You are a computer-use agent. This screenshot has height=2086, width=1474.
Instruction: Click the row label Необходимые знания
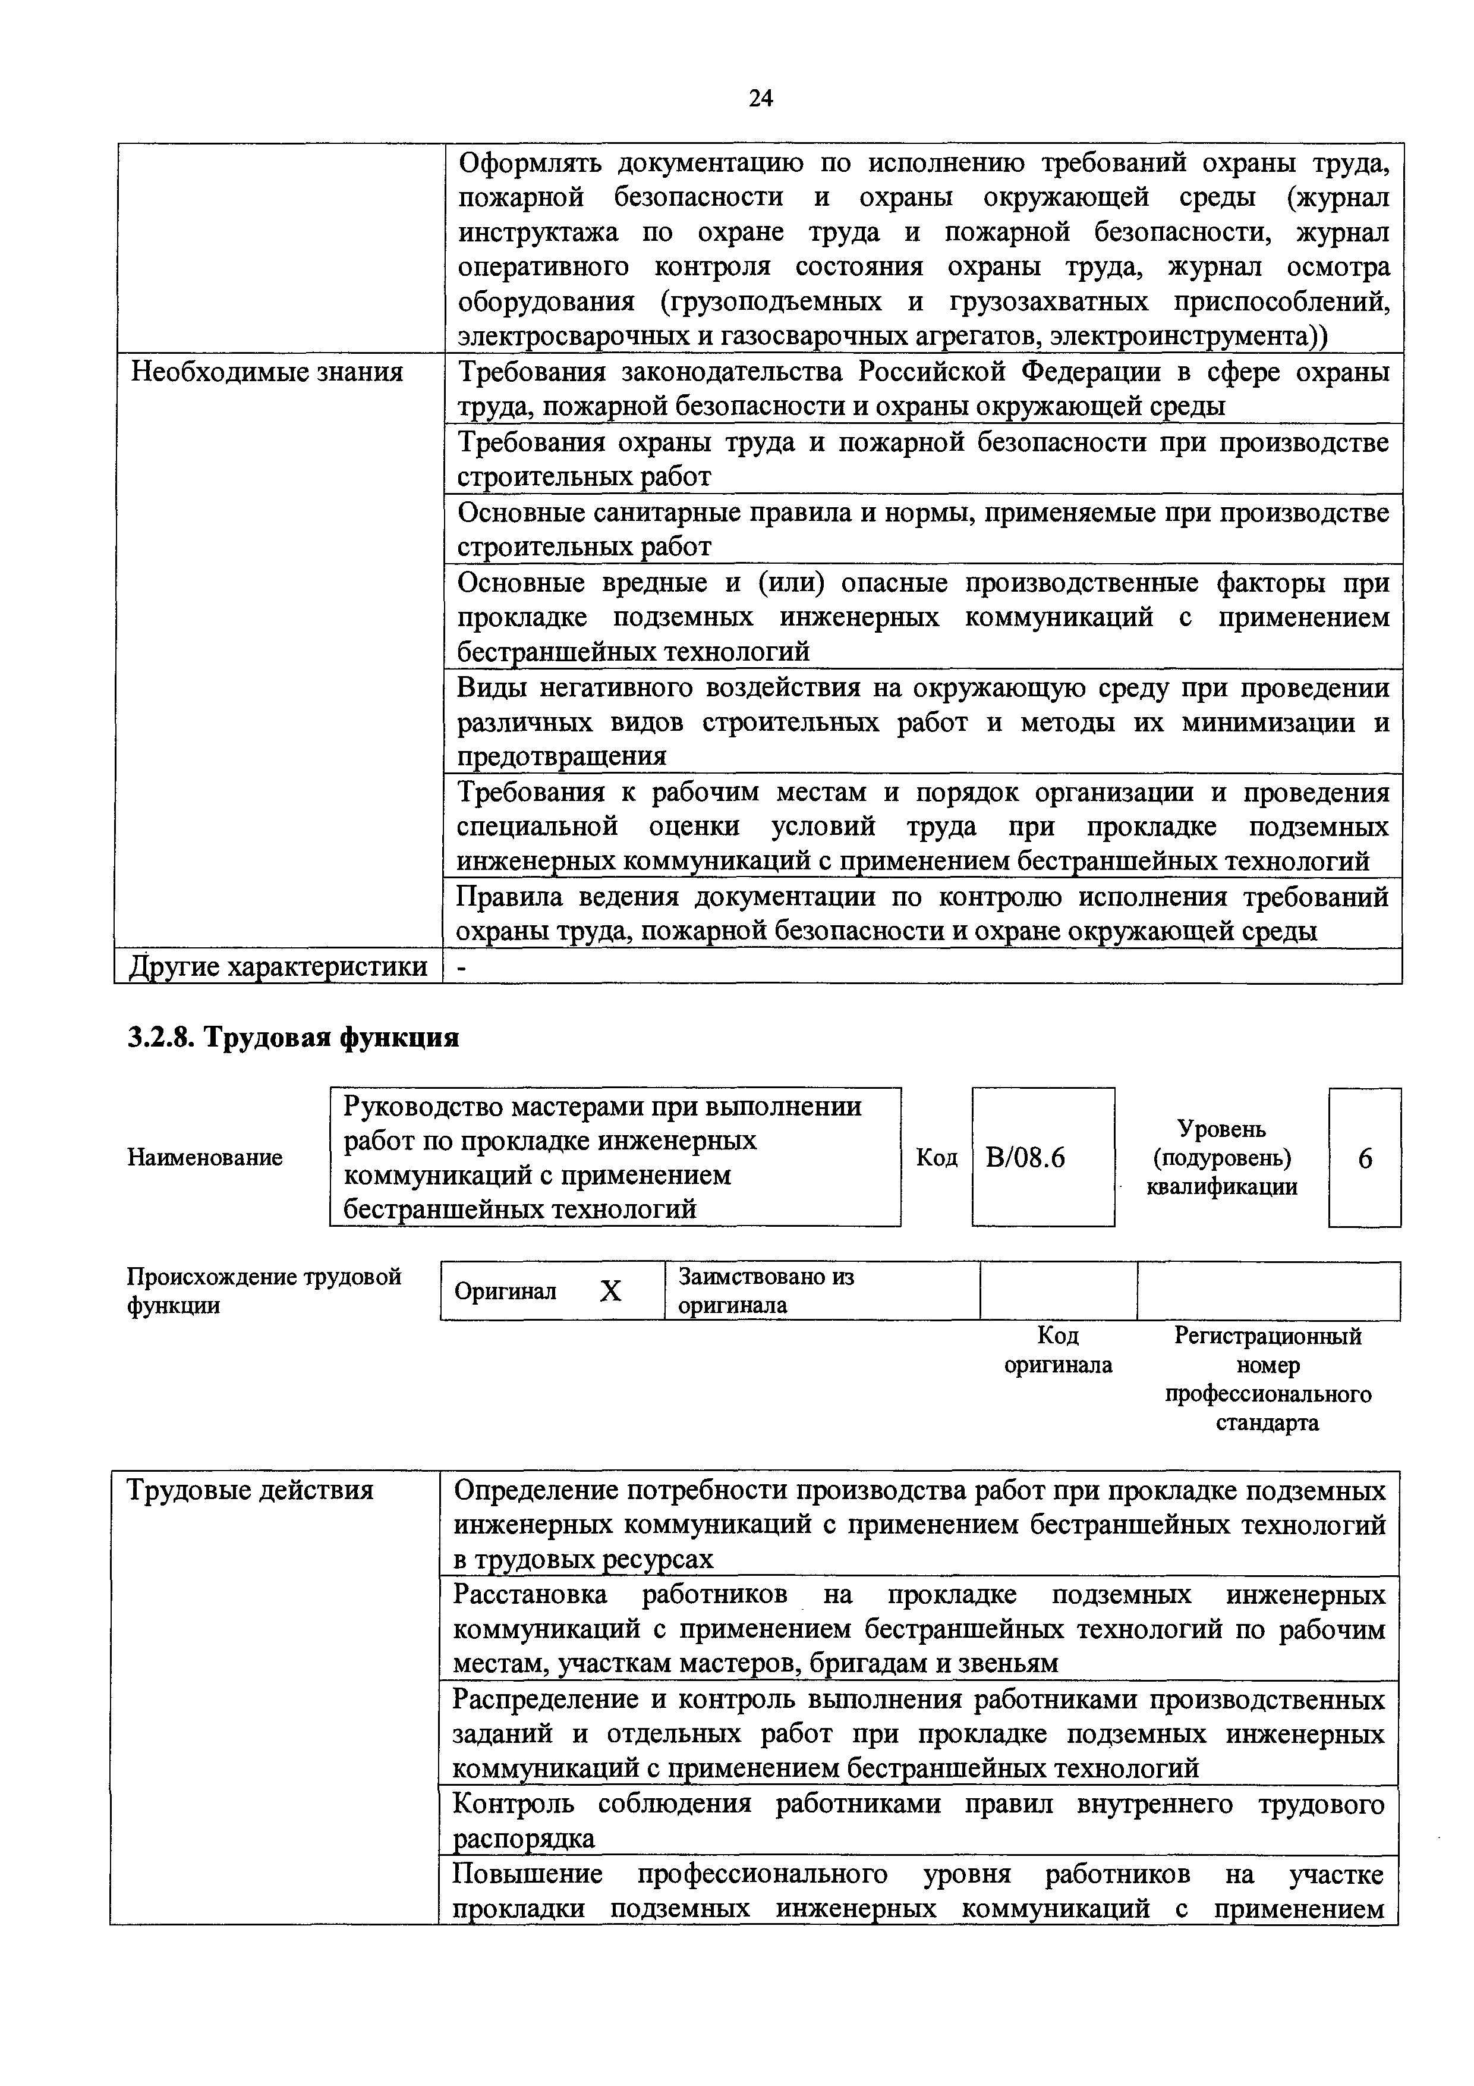pyautogui.click(x=267, y=372)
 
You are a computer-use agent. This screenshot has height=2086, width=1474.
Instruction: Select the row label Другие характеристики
pyautogui.click(x=278, y=966)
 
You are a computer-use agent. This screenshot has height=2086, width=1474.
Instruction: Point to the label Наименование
pyautogui.click(x=204, y=1158)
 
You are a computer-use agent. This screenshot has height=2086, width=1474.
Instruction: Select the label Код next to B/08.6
pyautogui.click(x=936, y=1158)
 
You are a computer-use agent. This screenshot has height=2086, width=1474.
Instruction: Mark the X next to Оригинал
pyautogui.click(x=610, y=1291)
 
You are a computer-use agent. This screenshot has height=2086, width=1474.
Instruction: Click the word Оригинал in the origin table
pyautogui.click(x=505, y=1291)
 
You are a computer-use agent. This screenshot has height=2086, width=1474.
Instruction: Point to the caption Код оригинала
pyautogui.click(x=1057, y=1350)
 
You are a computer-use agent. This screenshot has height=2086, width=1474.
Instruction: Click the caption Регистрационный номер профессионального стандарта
pyautogui.click(x=1268, y=1379)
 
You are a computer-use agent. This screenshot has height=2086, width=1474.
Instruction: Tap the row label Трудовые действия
pyautogui.click(x=250, y=1490)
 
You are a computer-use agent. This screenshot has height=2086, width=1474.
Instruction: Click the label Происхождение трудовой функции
pyautogui.click(x=263, y=1291)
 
